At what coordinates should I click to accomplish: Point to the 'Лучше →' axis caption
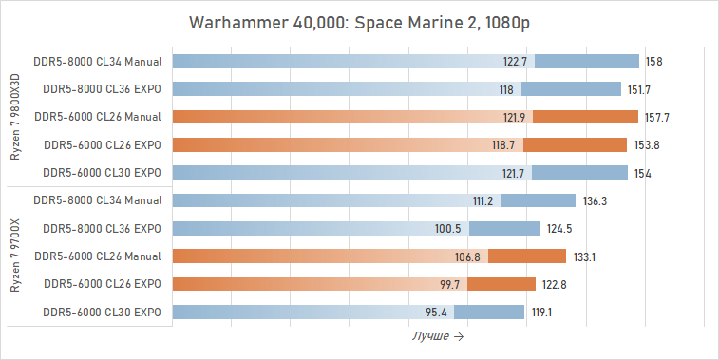tap(438, 336)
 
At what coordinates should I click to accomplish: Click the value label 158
tap(653, 62)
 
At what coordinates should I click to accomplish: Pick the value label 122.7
tap(516, 62)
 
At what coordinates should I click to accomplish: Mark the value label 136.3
tap(595, 200)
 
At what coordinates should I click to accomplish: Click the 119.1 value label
tap(542, 312)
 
